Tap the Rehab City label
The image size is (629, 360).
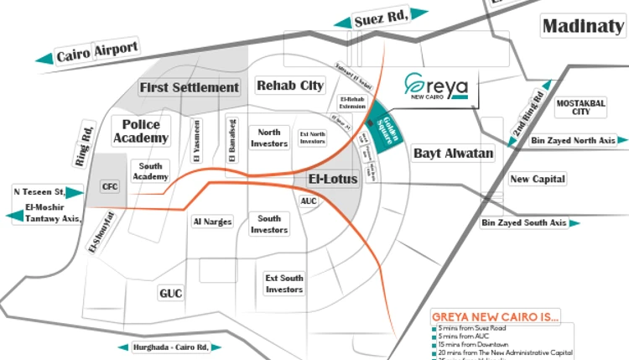pos(290,86)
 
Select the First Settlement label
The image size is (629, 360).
pos(190,87)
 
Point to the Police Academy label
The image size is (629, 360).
pos(141,131)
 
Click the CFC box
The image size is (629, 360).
pos(110,186)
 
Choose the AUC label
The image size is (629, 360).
pos(309,201)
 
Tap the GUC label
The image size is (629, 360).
pos(170,294)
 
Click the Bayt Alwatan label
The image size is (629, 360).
pos(453,154)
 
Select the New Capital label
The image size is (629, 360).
pos(538,179)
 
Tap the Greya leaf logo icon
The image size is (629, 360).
pos(413,84)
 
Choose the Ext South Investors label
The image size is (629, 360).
pos(284,284)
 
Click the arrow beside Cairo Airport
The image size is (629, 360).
pos(44,59)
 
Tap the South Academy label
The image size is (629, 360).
pos(151,171)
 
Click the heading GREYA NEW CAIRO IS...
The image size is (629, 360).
pos(495,316)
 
